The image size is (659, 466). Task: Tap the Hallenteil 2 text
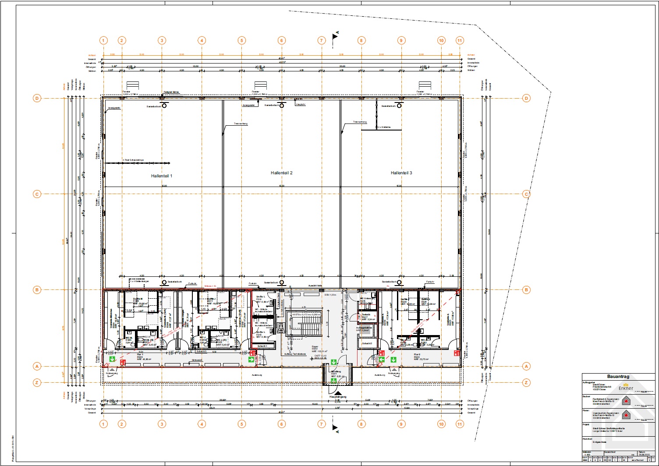click(x=281, y=173)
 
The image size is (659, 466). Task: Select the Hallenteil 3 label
click(x=401, y=173)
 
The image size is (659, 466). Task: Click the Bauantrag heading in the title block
click(x=618, y=376)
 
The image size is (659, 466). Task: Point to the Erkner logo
click(x=626, y=387)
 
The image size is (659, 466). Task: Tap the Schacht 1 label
click(x=263, y=346)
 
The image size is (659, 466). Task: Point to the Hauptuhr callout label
click(x=300, y=105)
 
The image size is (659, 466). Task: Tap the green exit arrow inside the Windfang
click(x=333, y=381)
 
